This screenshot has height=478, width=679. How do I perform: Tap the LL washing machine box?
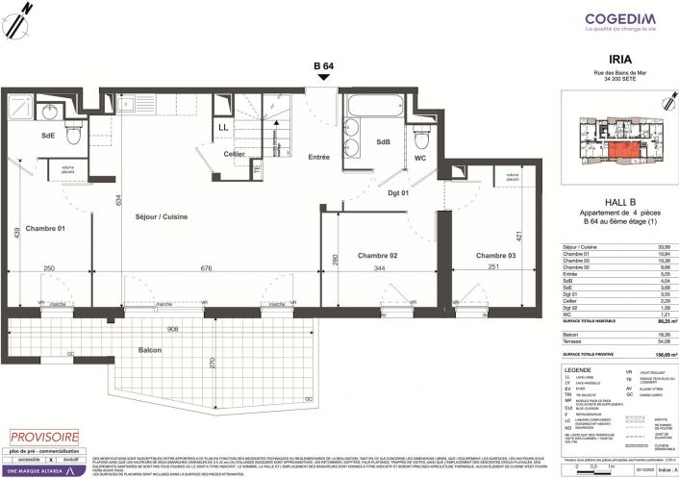pyautogui.click(x=223, y=127)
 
